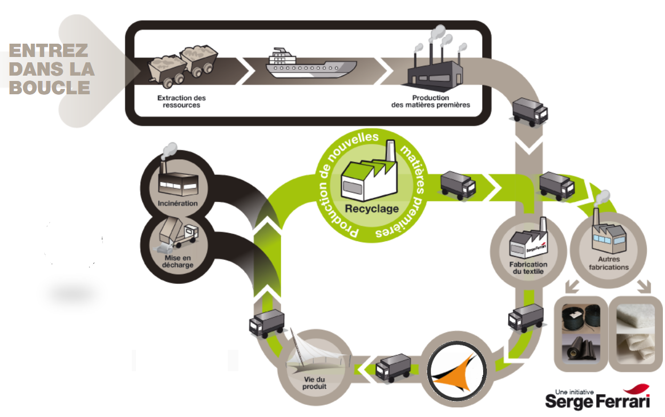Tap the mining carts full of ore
click(182, 67)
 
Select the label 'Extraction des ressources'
click(181, 101)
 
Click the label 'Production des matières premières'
click(430, 101)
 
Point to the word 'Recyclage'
click(372, 209)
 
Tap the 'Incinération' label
click(178, 203)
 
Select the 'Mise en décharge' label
click(178, 261)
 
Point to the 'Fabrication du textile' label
click(528, 268)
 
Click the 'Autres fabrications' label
click(608, 263)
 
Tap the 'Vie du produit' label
click(314, 383)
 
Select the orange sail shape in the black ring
click(454, 373)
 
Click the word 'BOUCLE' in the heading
click(49, 87)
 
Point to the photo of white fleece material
click(636, 334)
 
